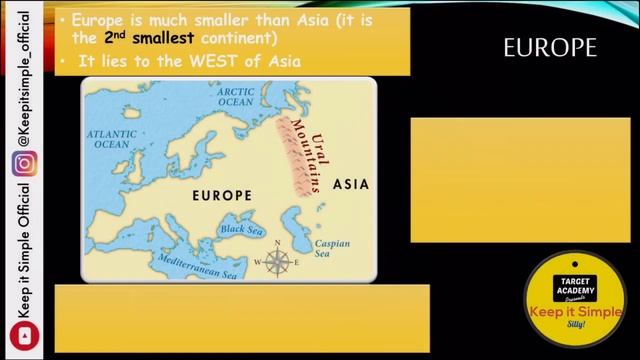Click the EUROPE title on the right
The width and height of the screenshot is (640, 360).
point(550,48)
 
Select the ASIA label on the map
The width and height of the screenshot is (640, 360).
point(350,185)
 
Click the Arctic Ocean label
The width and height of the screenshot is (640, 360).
point(236,96)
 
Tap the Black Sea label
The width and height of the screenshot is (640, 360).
point(240,230)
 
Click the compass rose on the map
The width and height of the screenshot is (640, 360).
point(275,262)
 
